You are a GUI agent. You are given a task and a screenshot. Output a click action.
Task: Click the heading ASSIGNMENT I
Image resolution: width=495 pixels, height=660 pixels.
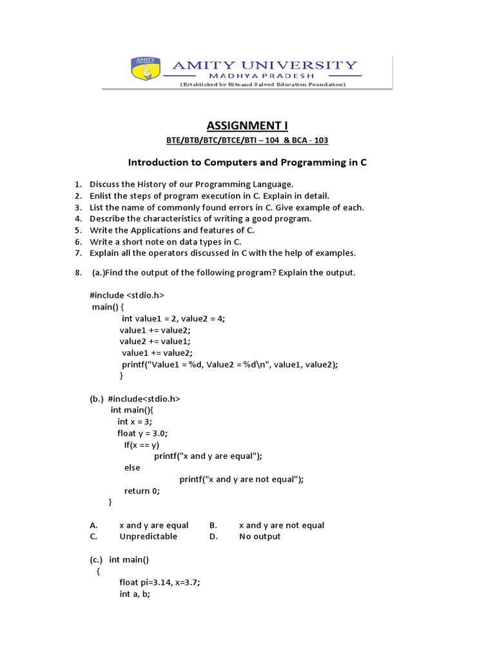pyautogui.click(x=247, y=125)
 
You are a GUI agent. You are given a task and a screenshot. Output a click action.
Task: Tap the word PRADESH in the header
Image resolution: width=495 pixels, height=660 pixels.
pyautogui.click(x=298, y=76)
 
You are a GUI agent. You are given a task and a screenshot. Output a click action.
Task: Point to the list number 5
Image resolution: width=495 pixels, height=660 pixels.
pyautogui.click(x=77, y=230)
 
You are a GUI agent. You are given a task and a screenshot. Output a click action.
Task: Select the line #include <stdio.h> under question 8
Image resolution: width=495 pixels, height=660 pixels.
pyautogui.click(x=127, y=295)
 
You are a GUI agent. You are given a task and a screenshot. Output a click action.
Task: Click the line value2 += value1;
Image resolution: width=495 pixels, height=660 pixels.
pyautogui.click(x=155, y=341)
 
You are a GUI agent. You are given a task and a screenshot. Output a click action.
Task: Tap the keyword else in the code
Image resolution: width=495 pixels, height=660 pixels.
pyautogui.click(x=131, y=467)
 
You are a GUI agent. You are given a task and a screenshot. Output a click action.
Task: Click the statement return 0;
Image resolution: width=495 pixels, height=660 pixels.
pyautogui.click(x=141, y=490)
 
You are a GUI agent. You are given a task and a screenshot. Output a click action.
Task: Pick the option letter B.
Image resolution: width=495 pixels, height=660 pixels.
pyautogui.click(x=213, y=525)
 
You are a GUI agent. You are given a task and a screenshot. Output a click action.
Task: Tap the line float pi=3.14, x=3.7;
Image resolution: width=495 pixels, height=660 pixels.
pyautogui.click(x=160, y=583)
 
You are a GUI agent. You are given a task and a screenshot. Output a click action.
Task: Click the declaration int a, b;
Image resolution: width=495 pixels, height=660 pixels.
pyautogui.click(x=135, y=594)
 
